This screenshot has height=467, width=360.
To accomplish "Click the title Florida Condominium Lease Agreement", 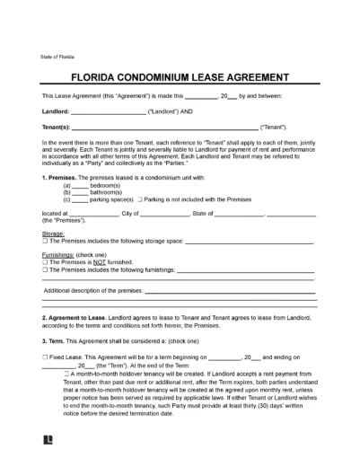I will click(x=180, y=76).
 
